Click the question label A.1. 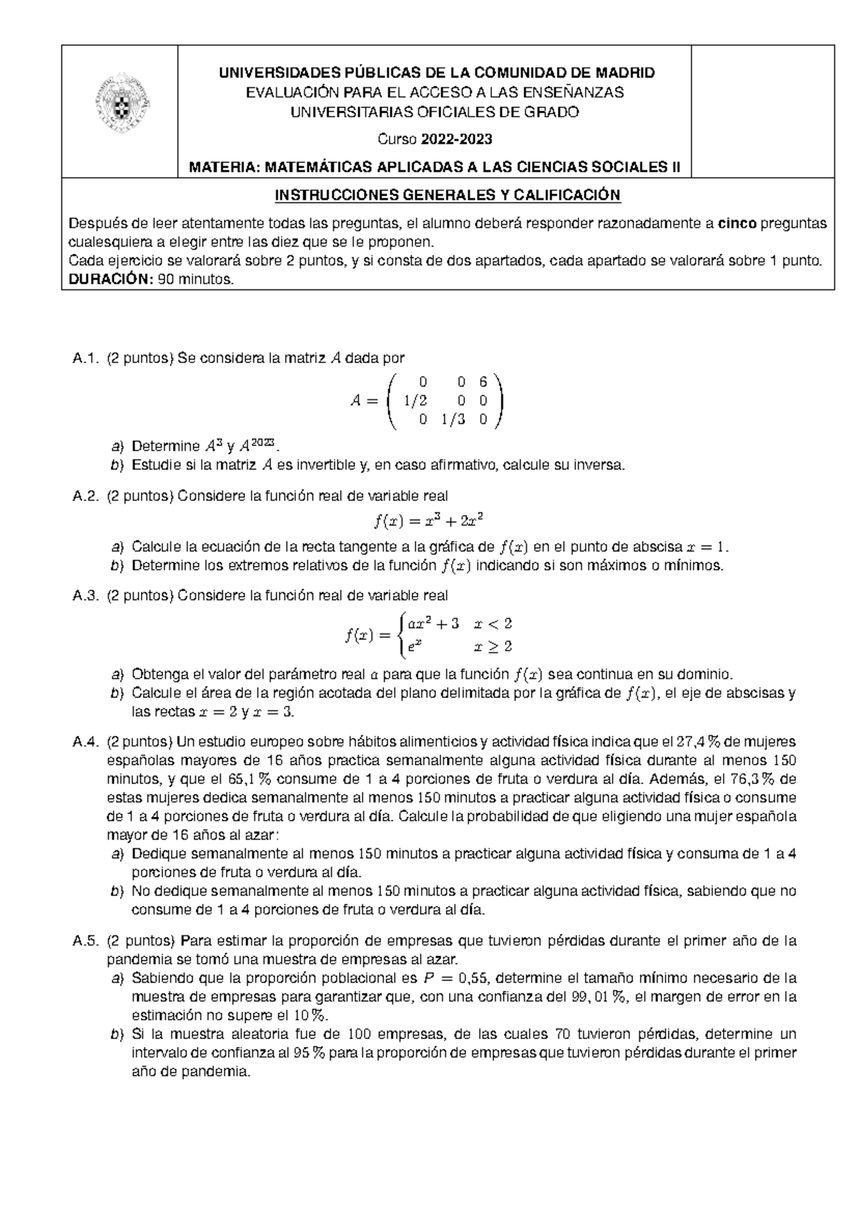tap(84, 359)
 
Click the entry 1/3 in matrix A tap(453, 420)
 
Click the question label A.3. tap(84, 595)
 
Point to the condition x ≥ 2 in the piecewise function tap(493, 647)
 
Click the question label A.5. tap(84, 941)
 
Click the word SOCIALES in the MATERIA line tap(629, 167)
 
